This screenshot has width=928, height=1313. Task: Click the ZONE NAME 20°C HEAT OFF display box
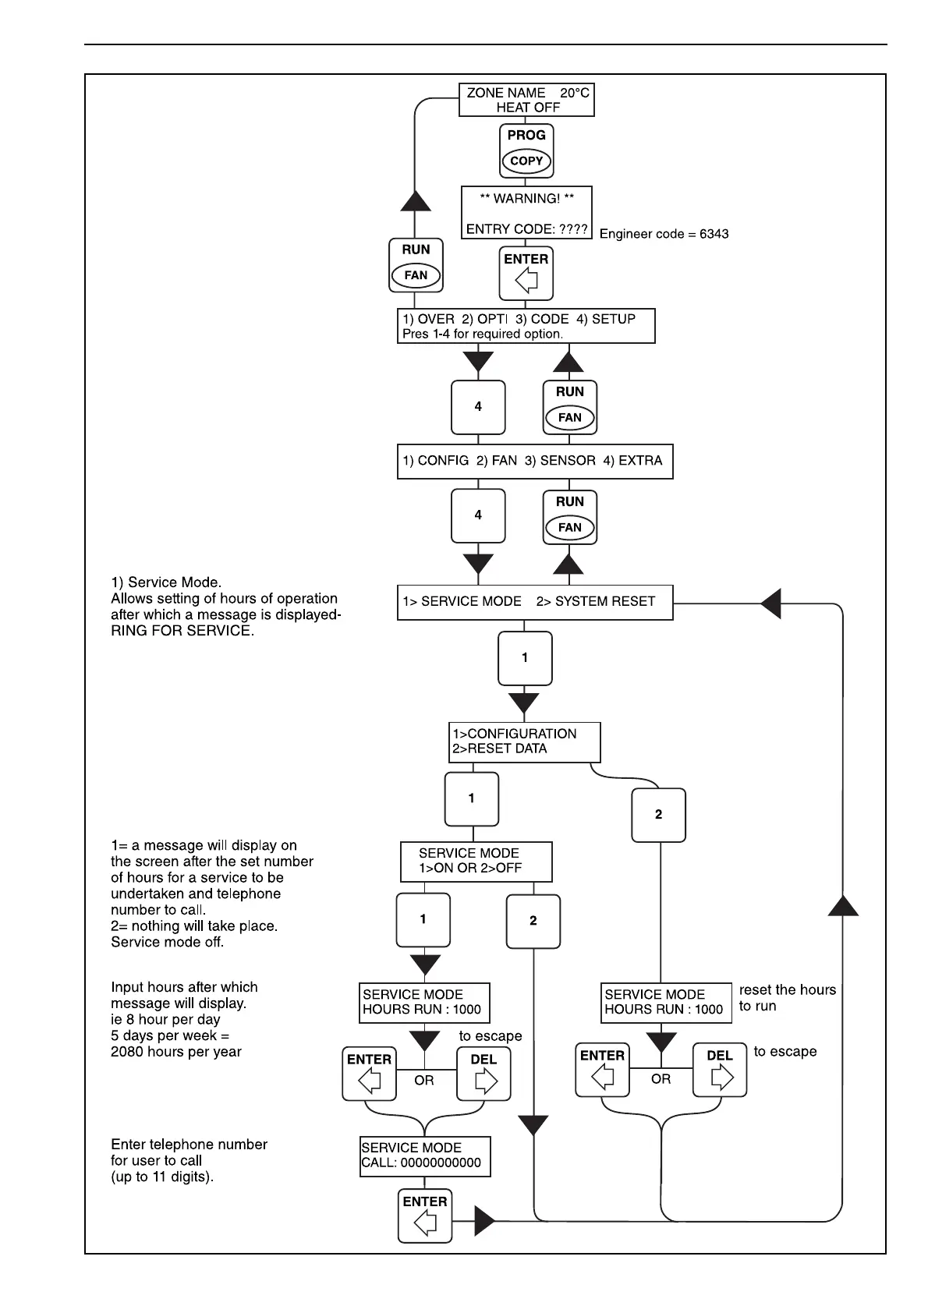pos(526,100)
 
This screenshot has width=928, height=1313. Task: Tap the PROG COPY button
pos(526,151)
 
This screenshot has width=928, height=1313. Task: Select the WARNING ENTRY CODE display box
pos(526,213)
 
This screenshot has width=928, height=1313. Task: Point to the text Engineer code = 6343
pos(664,234)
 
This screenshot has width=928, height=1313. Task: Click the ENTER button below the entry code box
pos(526,272)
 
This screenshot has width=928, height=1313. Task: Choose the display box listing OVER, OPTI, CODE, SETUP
pos(526,326)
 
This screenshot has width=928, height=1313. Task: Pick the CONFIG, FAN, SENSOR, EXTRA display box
pos(534,461)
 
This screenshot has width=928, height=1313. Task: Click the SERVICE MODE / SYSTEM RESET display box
pos(534,602)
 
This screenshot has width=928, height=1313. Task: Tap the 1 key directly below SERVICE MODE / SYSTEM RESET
pos(525,658)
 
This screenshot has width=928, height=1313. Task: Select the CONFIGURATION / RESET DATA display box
pos(526,741)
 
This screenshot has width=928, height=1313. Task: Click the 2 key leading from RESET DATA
pos(658,815)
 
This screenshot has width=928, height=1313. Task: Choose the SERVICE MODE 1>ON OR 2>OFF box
pos(476,862)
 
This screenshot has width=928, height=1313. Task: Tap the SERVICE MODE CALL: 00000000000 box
pos(425,1156)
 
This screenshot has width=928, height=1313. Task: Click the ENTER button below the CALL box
pos(425,1215)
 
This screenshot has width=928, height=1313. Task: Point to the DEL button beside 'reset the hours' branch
pos(720,1070)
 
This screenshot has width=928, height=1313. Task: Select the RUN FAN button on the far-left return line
pos(416,265)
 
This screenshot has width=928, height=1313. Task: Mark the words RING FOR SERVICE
pos(182,632)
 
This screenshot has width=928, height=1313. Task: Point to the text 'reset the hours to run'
pos(787,998)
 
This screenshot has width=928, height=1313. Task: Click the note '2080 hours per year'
pos(176,1052)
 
